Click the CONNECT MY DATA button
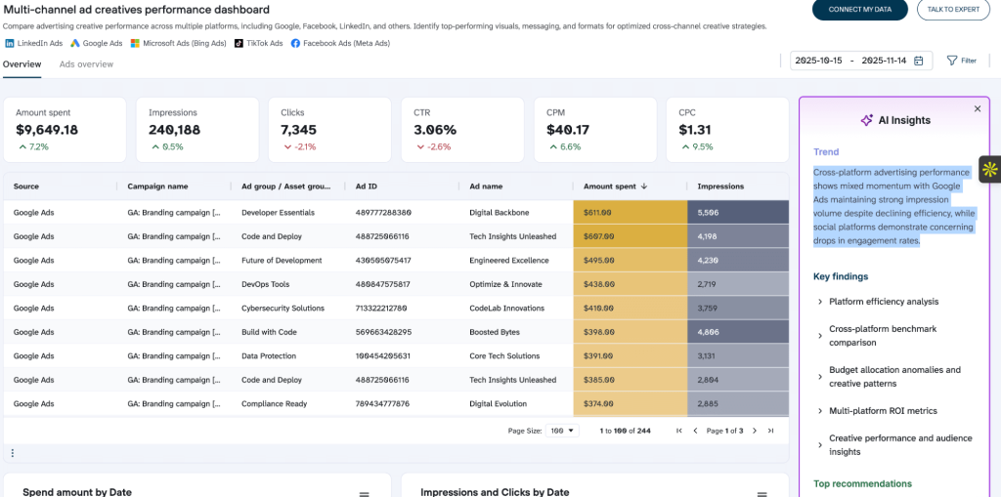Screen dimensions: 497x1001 tap(859, 10)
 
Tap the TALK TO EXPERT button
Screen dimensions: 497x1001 tap(952, 10)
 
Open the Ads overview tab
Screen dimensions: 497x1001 tap(86, 63)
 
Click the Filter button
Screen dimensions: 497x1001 tap(961, 61)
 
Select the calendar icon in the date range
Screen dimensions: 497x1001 tap(918, 61)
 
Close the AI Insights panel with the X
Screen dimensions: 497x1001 tap(977, 109)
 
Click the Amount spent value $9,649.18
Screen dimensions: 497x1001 tap(47, 130)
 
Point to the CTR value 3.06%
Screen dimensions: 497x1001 tap(435, 130)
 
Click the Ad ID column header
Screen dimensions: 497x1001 tap(367, 186)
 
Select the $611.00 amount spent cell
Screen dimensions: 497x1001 tap(597, 212)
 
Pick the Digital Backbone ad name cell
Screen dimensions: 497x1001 tap(500, 212)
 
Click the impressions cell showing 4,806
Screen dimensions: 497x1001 tap(709, 332)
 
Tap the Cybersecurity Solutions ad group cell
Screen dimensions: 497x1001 tap(283, 308)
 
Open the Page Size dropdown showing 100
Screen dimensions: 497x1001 tap(564, 431)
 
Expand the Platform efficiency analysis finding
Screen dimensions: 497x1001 tap(883, 302)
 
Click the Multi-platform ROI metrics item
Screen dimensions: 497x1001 tap(883, 411)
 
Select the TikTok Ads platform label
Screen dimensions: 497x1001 tap(264, 44)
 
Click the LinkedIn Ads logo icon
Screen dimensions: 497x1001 tap(10, 44)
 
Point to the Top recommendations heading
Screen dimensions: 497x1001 tap(862, 483)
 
